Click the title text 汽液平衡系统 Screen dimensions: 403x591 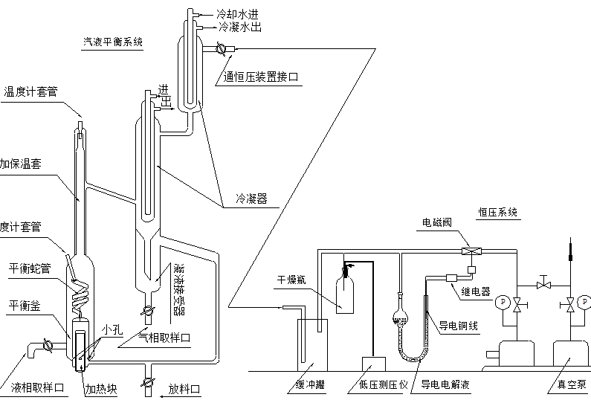[x=112, y=42]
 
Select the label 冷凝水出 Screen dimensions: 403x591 [x=241, y=26]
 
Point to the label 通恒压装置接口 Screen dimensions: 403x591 [x=262, y=76]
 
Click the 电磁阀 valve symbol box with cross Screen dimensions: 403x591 [x=470, y=251]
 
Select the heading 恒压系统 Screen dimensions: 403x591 [x=497, y=212]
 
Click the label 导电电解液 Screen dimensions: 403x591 [x=447, y=384]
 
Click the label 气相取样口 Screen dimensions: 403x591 [x=165, y=337]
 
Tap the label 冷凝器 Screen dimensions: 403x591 [x=251, y=199]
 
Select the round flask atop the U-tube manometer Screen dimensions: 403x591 [x=400, y=320]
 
